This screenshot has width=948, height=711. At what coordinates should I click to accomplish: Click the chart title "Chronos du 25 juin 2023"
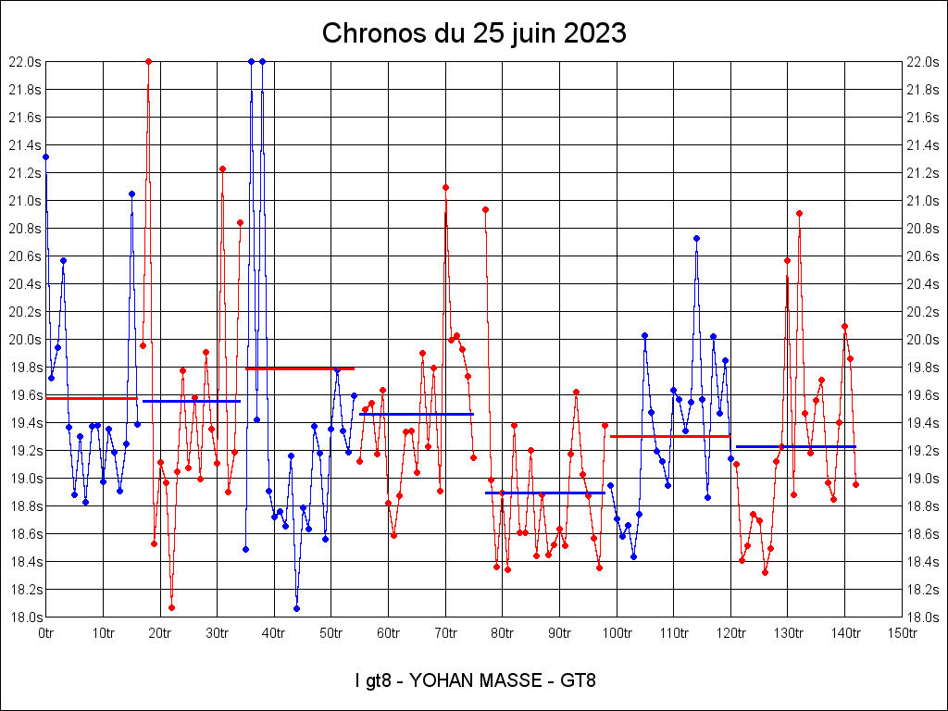(474, 34)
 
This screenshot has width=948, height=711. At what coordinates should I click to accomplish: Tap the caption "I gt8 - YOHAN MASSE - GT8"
(474, 681)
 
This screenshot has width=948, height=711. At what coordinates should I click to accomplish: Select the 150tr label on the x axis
(903, 633)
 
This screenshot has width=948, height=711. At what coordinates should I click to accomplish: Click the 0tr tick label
(46, 633)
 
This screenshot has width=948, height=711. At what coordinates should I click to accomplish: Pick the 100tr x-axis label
(617, 633)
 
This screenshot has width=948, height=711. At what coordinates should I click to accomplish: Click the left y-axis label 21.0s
(25, 201)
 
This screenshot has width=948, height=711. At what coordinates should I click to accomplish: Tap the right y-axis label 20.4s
(923, 284)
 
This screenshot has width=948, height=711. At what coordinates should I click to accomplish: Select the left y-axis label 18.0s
(25, 617)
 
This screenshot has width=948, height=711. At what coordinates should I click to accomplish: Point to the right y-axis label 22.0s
(923, 62)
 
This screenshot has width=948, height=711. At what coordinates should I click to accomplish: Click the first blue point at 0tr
(46, 157)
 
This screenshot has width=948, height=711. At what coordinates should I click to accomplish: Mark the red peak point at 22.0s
(148, 61)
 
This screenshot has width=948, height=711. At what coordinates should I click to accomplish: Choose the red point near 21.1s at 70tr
(445, 187)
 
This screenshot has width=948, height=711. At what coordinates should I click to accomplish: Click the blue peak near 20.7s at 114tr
(696, 238)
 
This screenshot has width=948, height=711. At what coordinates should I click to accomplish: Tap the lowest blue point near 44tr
(296, 608)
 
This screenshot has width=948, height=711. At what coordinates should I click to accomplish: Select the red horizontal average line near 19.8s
(300, 368)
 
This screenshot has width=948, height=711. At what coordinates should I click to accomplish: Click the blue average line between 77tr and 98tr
(544, 493)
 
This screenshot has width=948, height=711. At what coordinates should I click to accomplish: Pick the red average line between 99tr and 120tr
(670, 435)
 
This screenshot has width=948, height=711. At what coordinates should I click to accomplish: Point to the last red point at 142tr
(856, 484)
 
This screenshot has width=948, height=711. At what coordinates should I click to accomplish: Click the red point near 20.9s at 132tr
(799, 213)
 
